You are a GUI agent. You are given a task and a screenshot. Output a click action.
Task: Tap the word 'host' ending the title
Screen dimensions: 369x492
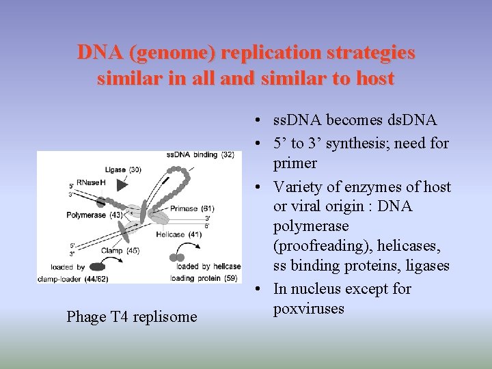click(x=373, y=79)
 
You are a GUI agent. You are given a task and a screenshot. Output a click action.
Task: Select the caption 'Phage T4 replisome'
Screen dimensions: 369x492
click(x=131, y=316)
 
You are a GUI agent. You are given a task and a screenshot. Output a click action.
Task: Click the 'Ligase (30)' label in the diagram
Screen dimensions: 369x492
click(x=123, y=169)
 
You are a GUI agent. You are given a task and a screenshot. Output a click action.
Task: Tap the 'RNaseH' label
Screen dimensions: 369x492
click(x=91, y=182)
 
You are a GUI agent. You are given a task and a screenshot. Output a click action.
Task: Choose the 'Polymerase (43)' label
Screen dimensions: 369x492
click(x=96, y=215)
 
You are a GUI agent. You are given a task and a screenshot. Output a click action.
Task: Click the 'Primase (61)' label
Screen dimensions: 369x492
click(x=193, y=208)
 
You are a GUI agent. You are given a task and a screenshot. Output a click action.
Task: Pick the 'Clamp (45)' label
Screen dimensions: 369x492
click(x=122, y=251)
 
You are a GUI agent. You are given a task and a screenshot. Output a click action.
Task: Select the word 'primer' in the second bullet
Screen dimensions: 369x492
click(x=295, y=163)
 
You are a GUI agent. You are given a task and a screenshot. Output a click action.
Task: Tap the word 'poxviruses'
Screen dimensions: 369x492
click(x=309, y=309)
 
